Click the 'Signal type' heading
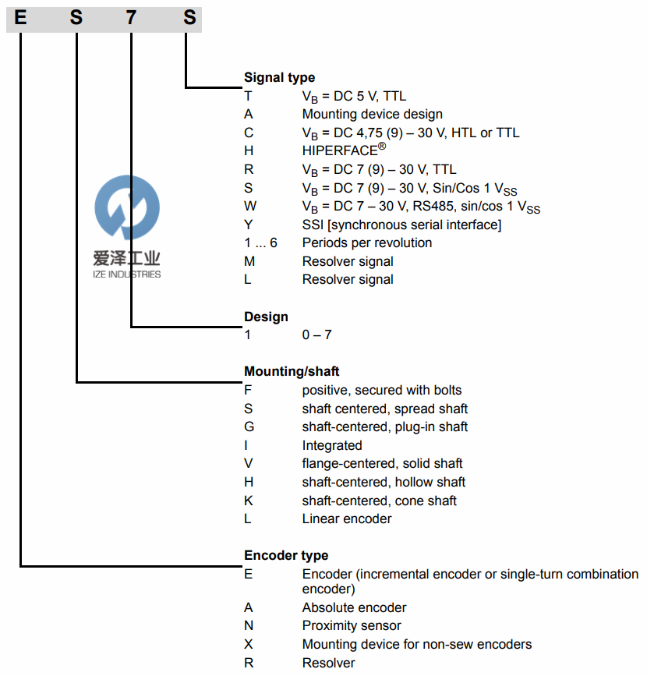(279, 77)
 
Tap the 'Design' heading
(266, 317)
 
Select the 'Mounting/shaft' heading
(292, 371)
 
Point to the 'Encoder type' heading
(286, 555)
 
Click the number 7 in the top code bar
(131, 16)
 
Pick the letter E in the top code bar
(20, 16)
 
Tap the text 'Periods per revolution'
(366, 242)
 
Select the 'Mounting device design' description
(372, 114)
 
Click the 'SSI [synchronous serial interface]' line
(401, 225)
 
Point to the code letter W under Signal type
(249, 207)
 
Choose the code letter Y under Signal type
(249, 225)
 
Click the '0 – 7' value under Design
(316, 334)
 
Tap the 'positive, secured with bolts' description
(381, 390)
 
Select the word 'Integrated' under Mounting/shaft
(332, 445)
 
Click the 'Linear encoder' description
(346, 519)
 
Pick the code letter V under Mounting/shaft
(249, 464)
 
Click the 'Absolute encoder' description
(354, 607)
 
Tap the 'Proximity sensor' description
(352, 625)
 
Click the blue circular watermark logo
(126, 207)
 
